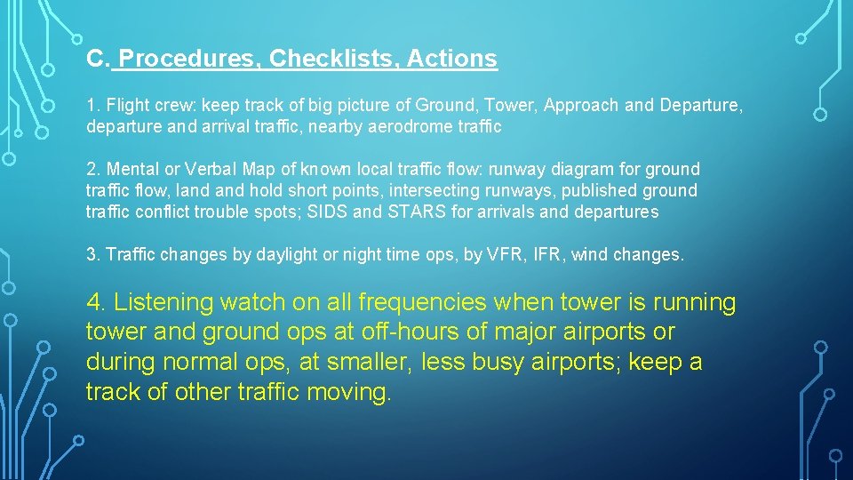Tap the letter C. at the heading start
(x=97, y=59)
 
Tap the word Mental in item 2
(x=131, y=169)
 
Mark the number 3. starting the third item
(x=93, y=255)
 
